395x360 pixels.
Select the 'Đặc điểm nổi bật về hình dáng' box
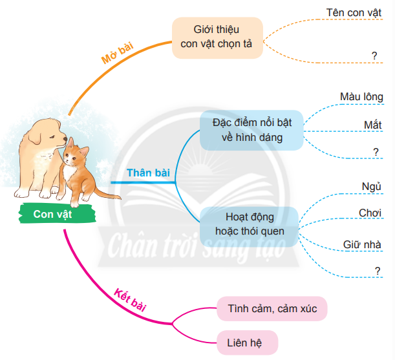[x=251, y=129]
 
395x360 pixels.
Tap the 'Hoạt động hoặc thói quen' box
[x=250, y=224]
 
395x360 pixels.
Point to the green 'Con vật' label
[x=52, y=214]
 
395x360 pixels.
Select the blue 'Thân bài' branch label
[x=148, y=173]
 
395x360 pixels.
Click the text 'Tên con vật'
[x=352, y=12]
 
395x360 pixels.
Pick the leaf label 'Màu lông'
[x=361, y=97]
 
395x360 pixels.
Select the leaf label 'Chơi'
[x=370, y=213]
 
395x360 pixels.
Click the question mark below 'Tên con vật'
[x=374, y=56]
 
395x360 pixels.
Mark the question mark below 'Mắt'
[x=376, y=151]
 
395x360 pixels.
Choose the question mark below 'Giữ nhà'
[x=376, y=271]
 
